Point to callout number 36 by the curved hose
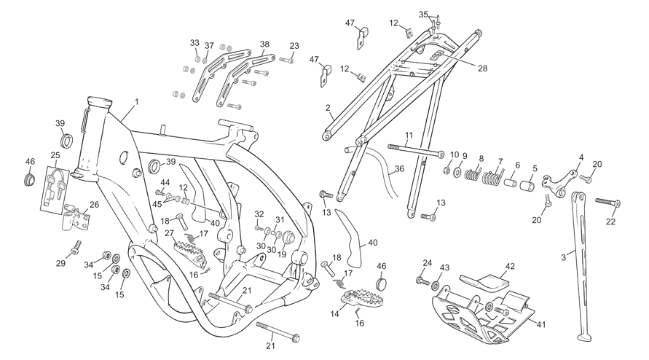click(399, 169)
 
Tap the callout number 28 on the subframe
click(483, 69)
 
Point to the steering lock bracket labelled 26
click(76, 216)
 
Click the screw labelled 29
click(75, 247)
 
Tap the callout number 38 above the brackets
click(264, 44)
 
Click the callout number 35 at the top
click(423, 15)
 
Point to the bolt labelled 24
click(422, 281)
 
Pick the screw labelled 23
click(286, 60)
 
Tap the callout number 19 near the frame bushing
click(282, 254)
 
